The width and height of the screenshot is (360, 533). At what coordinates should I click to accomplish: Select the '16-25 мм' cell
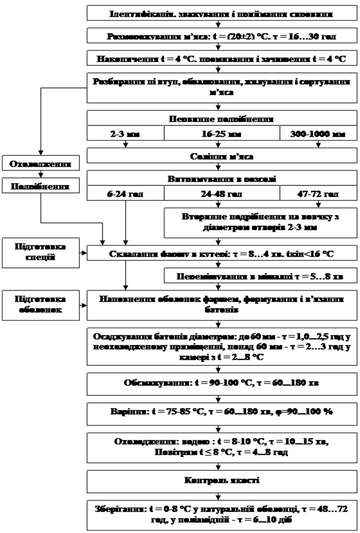coord(222,133)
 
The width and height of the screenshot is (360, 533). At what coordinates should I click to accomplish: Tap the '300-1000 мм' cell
coord(318,133)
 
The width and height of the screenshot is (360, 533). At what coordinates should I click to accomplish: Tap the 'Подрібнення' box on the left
coord(41,186)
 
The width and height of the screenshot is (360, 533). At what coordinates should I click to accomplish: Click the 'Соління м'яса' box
coord(222,156)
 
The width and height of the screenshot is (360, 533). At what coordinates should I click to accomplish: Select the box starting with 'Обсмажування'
coord(222,384)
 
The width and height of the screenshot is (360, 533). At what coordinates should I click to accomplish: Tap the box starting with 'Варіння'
coord(222,412)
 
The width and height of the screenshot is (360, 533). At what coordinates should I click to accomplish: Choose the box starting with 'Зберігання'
coord(222,514)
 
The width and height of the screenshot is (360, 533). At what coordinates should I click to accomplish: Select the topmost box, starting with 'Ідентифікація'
coord(222,13)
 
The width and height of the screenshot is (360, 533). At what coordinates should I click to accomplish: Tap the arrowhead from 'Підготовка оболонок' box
coord(84,305)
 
